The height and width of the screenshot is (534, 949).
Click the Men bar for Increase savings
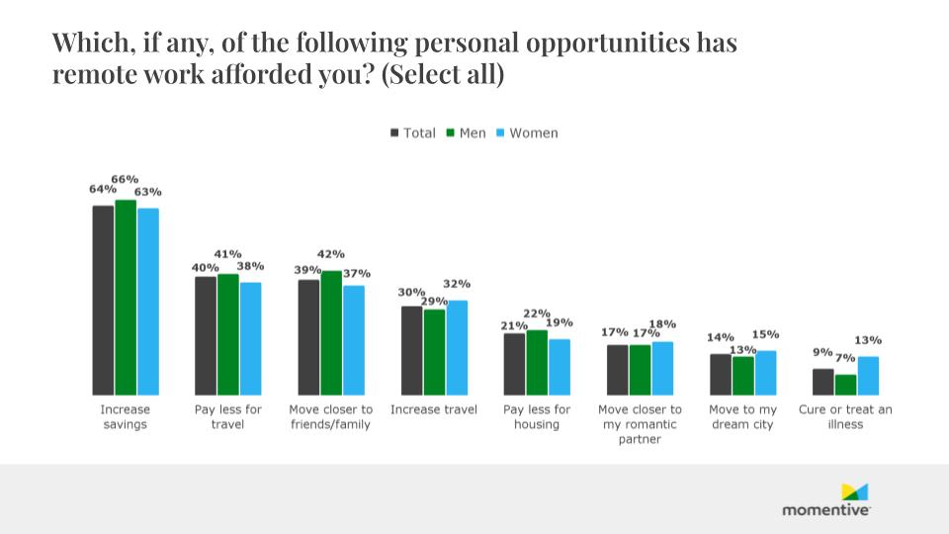coord(126,297)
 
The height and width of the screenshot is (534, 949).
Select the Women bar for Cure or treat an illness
coord(868,376)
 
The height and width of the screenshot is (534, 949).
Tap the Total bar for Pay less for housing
coord(514,364)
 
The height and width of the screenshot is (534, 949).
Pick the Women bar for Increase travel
coord(456,347)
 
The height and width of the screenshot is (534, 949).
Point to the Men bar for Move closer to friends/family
coord(331,332)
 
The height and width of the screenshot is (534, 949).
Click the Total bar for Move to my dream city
coord(721,374)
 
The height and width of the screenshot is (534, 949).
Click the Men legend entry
coord(466,133)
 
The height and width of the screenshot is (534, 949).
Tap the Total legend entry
coord(412,133)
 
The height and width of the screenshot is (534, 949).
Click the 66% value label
coord(125,179)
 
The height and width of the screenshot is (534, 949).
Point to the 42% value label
coord(331,253)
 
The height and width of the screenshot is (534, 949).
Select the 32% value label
coord(457,284)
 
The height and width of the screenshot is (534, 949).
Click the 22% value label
coord(537,313)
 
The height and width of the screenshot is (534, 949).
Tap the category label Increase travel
coord(434,409)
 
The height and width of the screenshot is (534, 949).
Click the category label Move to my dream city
coord(742,416)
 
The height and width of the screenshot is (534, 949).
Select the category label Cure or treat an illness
coord(845,416)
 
